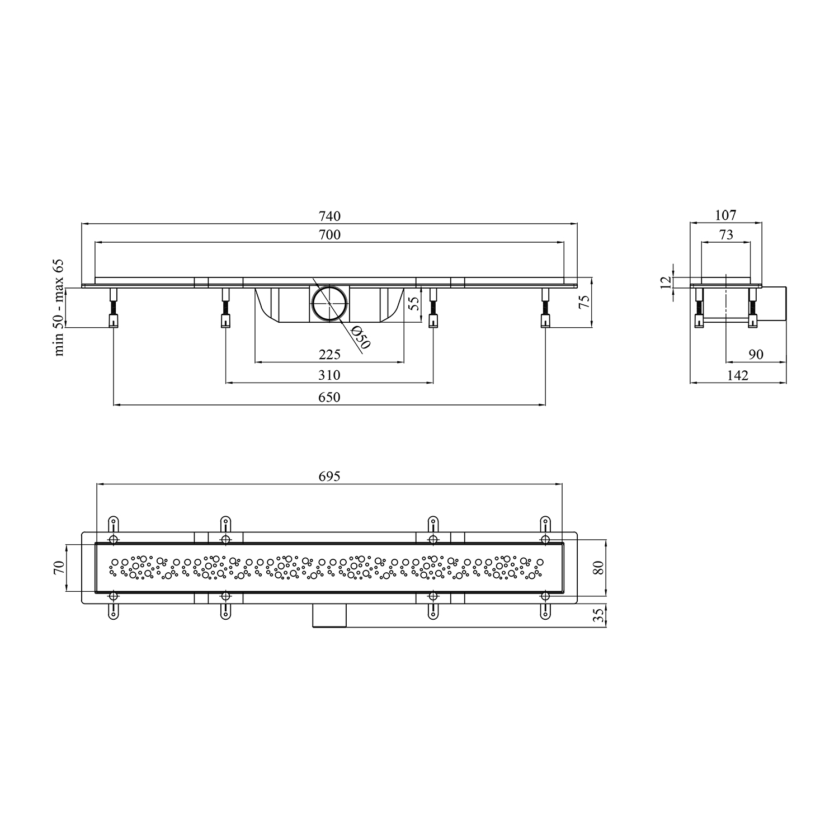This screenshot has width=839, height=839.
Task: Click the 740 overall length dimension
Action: click(x=329, y=216)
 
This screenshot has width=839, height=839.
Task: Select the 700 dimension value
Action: click(x=329, y=235)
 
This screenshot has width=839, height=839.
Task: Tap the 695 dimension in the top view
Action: click(x=329, y=477)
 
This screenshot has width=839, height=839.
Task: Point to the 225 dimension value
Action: click(x=329, y=355)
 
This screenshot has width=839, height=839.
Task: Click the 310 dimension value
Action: click(x=329, y=375)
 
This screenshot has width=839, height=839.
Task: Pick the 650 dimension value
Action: click(x=329, y=397)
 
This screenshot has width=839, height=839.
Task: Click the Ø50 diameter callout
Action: click(x=361, y=337)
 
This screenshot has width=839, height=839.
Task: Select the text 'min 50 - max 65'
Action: click(x=59, y=308)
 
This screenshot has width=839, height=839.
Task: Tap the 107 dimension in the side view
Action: click(x=726, y=215)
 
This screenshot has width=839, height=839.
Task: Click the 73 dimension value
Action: click(x=726, y=235)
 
